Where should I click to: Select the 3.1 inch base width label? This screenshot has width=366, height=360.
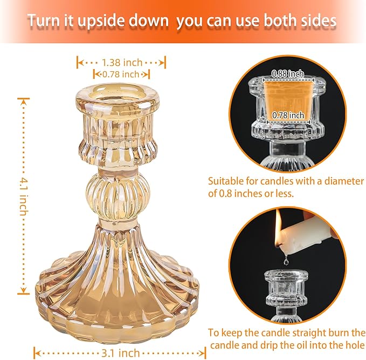[120, 353]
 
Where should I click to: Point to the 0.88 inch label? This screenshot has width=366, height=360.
[287, 73]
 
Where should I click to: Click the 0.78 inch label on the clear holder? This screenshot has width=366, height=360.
[288, 116]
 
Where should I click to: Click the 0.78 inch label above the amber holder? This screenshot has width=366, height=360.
[121, 74]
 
